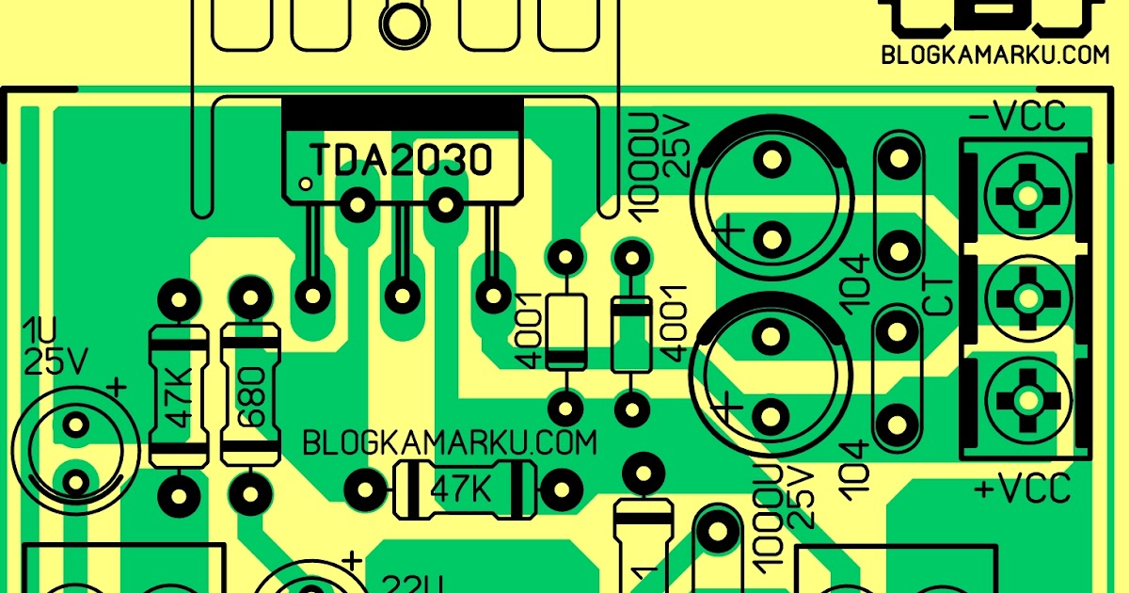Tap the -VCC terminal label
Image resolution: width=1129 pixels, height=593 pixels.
click(x=1018, y=118)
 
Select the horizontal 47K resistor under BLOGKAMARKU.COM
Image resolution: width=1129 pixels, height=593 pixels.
click(x=462, y=489)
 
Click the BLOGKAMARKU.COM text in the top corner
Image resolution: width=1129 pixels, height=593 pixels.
click(x=995, y=55)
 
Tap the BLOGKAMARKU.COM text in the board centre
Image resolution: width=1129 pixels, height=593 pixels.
click(x=449, y=442)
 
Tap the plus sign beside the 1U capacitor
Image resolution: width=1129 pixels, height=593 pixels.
click(x=116, y=387)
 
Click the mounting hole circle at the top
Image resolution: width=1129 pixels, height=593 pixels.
click(x=403, y=21)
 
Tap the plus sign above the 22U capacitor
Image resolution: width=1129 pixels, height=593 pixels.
click(x=352, y=562)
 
